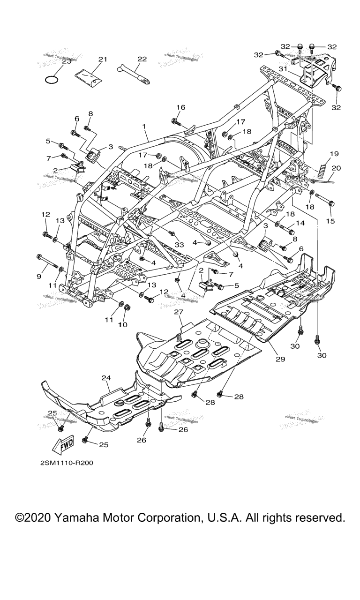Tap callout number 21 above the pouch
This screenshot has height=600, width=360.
click(x=103, y=59)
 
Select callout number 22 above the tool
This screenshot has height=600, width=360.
click(x=142, y=59)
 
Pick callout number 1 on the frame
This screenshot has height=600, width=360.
click(x=144, y=127)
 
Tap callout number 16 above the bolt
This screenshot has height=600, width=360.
click(x=180, y=107)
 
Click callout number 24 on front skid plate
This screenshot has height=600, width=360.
click(x=105, y=377)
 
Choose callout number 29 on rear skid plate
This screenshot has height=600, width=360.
click(x=280, y=359)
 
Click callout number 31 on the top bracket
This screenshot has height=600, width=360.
click(x=295, y=69)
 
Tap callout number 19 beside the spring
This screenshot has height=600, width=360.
click(x=334, y=154)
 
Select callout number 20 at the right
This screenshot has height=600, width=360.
click(x=337, y=168)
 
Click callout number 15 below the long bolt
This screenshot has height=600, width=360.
click(x=330, y=221)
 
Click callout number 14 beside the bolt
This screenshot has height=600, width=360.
click(x=300, y=224)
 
